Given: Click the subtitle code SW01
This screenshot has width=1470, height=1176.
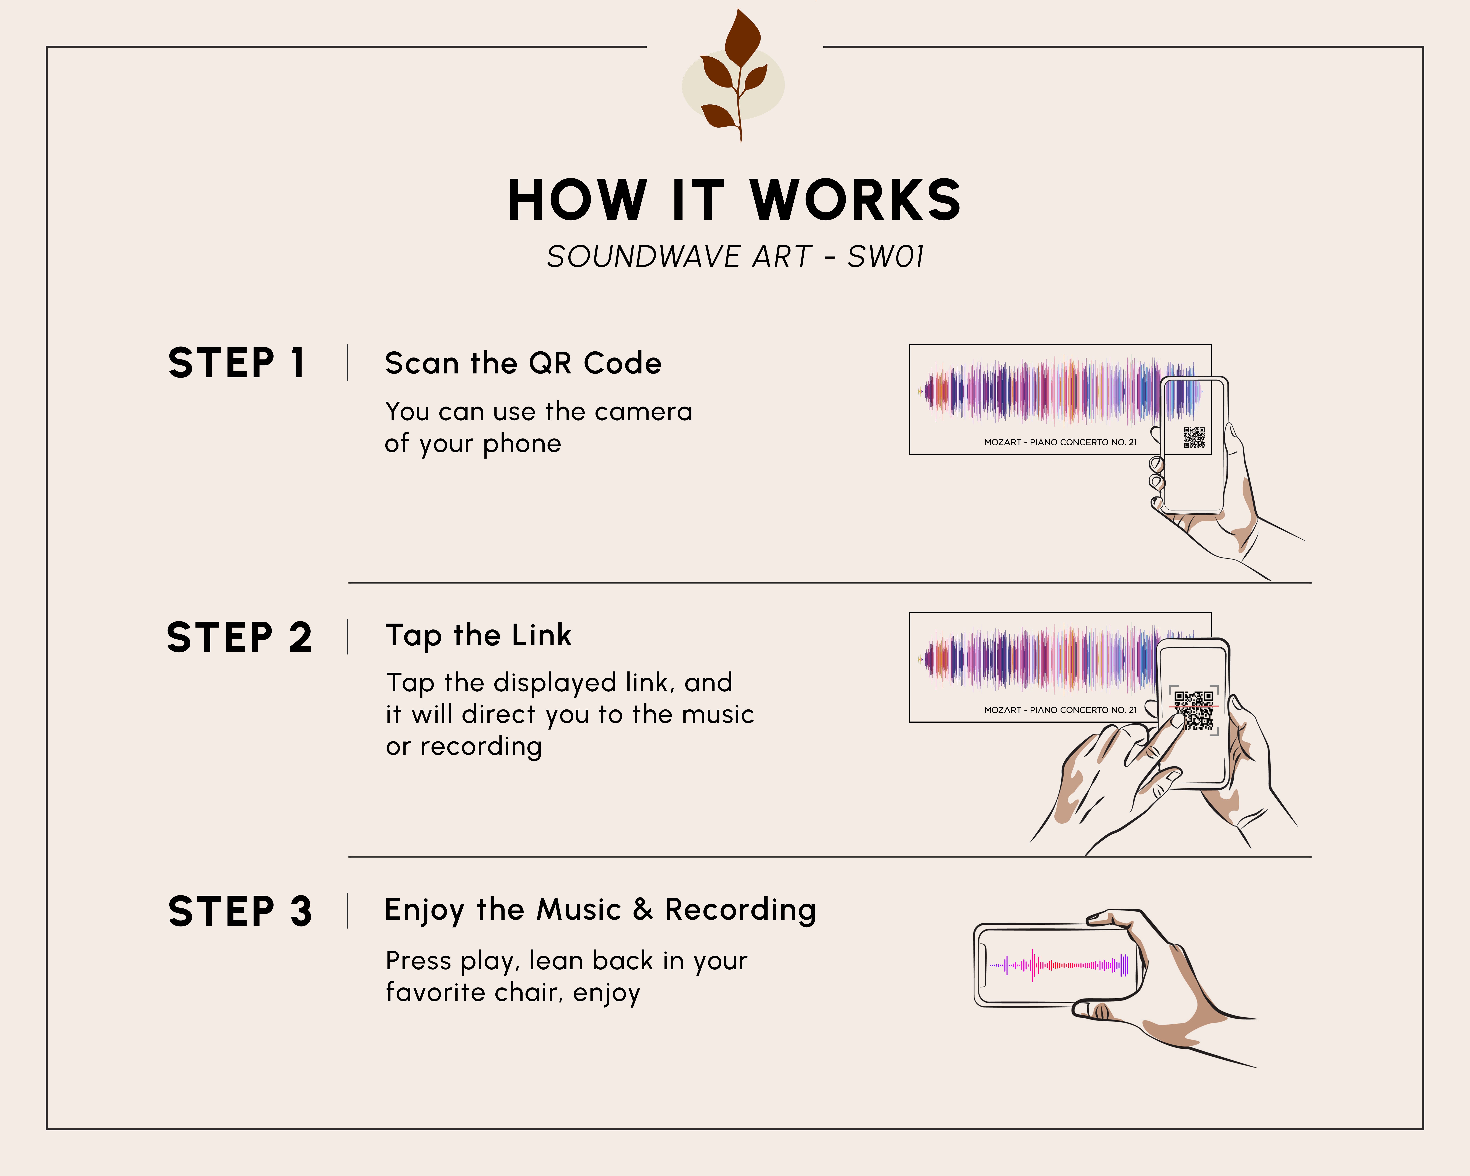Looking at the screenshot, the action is (886, 257).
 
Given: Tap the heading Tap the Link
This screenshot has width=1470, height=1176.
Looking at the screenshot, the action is (479, 635).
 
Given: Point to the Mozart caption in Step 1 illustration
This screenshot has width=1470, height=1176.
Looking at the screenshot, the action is (1060, 442).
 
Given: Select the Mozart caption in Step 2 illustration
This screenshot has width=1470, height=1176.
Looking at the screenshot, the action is (1060, 710).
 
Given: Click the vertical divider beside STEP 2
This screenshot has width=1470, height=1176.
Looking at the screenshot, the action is (348, 637).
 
